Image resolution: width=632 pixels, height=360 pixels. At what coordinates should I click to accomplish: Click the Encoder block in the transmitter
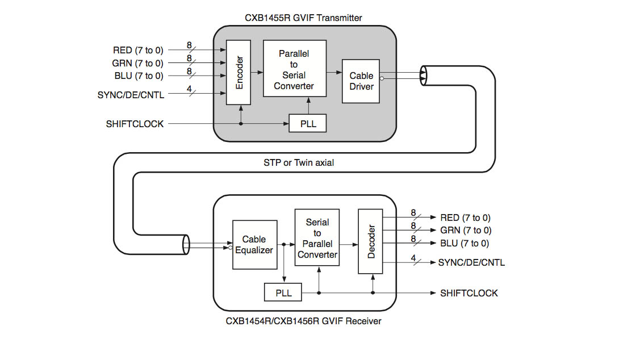(x=238, y=73)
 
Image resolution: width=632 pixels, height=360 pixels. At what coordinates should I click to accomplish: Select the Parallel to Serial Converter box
(x=294, y=69)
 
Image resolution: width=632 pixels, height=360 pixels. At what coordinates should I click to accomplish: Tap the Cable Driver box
(x=361, y=81)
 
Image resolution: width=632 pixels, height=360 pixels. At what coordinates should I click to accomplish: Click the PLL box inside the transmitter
(x=308, y=123)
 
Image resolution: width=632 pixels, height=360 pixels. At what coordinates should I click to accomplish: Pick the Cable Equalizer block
(x=254, y=245)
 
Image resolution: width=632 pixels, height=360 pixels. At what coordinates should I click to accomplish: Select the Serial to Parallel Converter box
(x=317, y=237)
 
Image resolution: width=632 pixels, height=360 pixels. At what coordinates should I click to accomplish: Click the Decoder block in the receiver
(x=371, y=241)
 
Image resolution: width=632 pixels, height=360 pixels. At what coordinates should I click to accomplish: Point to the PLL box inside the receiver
(x=283, y=293)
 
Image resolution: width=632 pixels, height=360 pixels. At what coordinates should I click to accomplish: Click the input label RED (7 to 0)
(x=138, y=51)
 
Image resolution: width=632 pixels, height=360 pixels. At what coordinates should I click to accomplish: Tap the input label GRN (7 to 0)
(x=138, y=64)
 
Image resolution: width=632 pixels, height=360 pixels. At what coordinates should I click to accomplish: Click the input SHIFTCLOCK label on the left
(x=135, y=123)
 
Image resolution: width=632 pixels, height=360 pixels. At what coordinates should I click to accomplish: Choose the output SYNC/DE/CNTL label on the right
(x=471, y=262)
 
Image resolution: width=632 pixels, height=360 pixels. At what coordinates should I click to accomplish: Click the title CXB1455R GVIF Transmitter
(x=303, y=18)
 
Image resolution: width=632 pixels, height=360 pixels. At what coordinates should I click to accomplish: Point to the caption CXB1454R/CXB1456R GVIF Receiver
(x=303, y=321)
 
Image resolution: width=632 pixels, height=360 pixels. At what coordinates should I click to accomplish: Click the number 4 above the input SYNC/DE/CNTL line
(x=189, y=89)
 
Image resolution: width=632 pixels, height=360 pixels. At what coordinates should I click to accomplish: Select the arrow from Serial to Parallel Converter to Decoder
(x=348, y=245)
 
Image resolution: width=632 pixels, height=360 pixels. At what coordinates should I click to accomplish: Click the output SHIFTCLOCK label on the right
(x=469, y=293)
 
